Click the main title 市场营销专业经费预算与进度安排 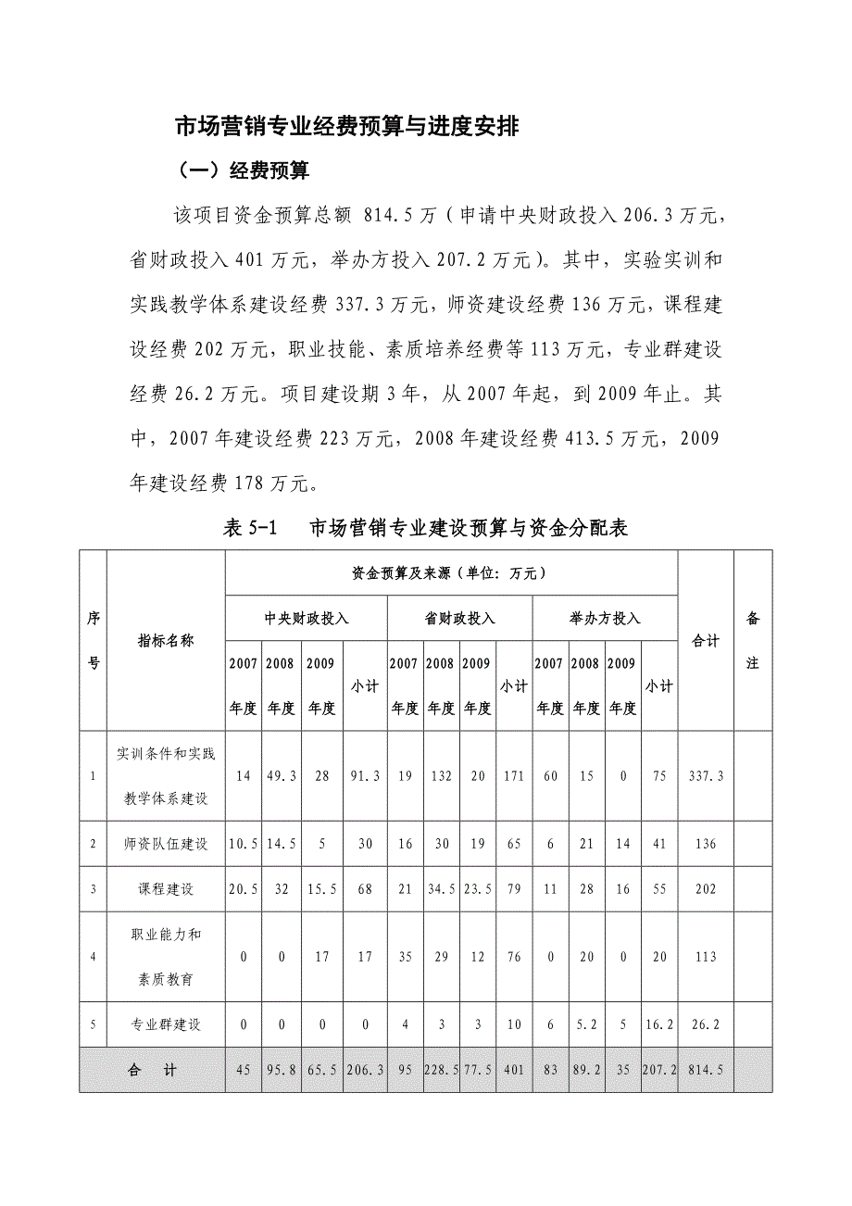coord(347,127)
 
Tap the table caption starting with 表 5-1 coord(426,529)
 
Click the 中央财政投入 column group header coord(307,619)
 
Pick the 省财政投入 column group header coord(460,619)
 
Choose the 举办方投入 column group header coord(606,619)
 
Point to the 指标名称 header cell coord(166,640)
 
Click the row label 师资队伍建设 coord(166,844)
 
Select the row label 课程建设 coord(166,889)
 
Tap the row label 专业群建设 coord(166,1025)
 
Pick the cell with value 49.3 coord(281,776)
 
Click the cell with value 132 coord(440,776)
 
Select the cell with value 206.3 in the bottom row coord(364,1070)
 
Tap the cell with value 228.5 coord(440,1070)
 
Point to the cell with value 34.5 coord(440,889)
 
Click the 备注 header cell coord(752,640)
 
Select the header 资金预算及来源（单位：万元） coord(451,573)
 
